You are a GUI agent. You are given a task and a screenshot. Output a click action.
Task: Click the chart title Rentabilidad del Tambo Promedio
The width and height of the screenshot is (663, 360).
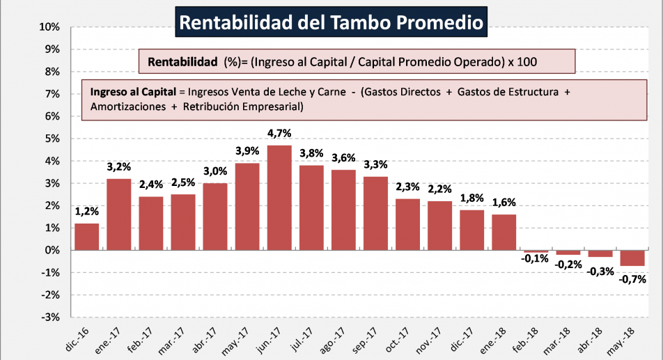pyautogui.click(x=331, y=22)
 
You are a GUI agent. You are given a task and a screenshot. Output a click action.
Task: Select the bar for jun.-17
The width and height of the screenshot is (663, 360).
pyautogui.click(x=279, y=197)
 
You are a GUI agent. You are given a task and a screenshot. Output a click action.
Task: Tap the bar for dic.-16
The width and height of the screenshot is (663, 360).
pyautogui.click(x=86, y=237)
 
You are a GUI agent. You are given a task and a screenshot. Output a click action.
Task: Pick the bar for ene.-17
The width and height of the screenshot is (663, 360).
pyautogui.click(x=118, y=214)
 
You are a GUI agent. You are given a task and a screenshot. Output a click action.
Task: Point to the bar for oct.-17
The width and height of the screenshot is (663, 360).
pyautogui.click(x=407, y=224)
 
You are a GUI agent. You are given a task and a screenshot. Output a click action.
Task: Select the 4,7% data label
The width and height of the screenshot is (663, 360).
pyautogui.click(x=279, y=132)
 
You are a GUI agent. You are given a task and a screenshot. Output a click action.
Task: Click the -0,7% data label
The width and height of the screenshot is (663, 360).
pyautogui.click(x=632, y=279)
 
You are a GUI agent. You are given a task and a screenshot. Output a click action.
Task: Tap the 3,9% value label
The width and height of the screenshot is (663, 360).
pyautogui.click(x=247, y=150)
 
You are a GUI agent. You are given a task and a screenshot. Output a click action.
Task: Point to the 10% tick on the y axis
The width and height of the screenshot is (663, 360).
pyautogui.click(x=51, y=27)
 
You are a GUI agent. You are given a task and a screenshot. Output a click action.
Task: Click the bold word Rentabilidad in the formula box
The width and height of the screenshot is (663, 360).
pyautogui.click(x=182, y=61)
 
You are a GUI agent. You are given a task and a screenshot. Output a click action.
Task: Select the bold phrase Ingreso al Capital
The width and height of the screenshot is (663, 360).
pyautogui.click(x=132, y=91)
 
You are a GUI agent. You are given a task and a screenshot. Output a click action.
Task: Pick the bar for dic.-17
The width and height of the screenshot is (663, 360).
pyautogui.click(x=471, y=230)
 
